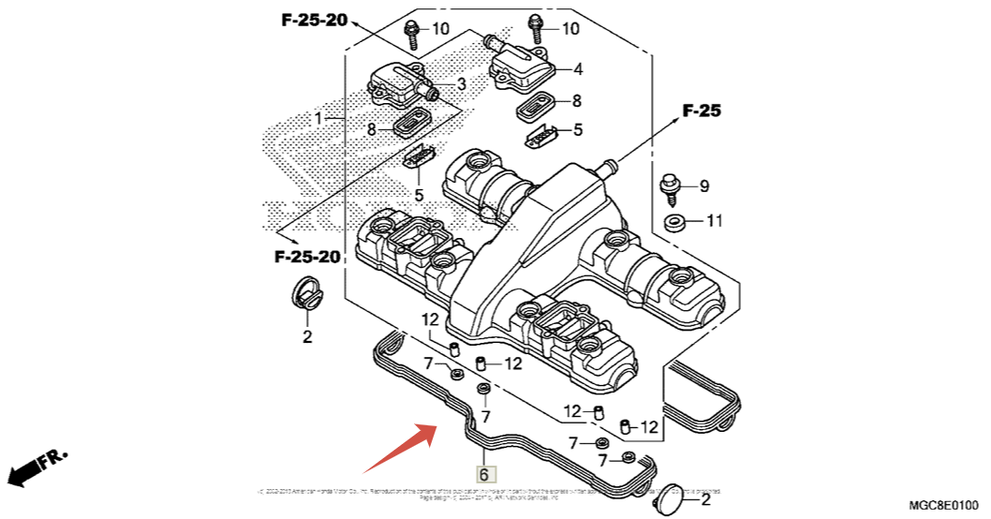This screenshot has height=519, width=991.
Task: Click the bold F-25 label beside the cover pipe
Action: (702, 111)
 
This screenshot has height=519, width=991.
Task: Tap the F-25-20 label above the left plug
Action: (307, 256)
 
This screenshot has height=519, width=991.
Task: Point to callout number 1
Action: (318, 119)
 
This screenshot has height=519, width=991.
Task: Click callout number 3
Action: (461, 85)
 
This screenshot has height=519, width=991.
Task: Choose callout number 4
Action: (578, 69)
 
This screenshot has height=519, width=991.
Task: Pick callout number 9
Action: (705, 186)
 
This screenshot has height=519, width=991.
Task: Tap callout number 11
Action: (715, 222)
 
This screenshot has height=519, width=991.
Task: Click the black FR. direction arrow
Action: (37, 467)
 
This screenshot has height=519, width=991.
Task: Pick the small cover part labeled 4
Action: (525, 64)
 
